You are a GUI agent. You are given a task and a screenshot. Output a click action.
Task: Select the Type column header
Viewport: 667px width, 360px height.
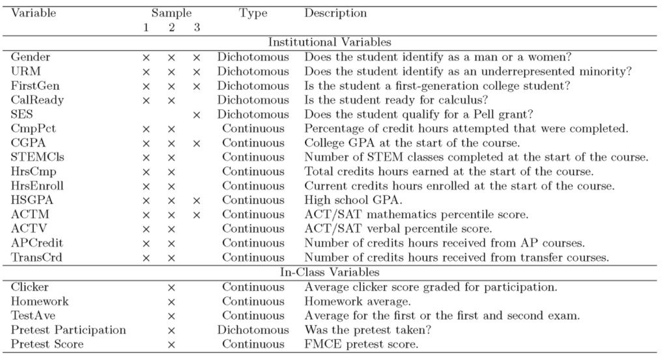(253, 13)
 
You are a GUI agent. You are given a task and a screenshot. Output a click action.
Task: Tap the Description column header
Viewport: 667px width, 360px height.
(335, 13)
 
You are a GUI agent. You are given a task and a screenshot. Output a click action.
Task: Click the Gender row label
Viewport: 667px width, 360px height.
(31, 57)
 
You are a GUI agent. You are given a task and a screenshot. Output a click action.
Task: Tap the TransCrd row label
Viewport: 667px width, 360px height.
(37, 257)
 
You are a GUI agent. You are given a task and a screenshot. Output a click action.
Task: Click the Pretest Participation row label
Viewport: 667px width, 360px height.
(68, 329)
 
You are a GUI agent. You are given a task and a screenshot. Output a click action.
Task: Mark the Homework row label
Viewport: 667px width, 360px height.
(40, 301)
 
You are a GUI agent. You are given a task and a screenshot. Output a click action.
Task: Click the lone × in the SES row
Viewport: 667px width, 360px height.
(196, 115)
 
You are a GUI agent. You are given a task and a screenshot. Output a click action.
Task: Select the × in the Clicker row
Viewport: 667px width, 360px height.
(171, 287)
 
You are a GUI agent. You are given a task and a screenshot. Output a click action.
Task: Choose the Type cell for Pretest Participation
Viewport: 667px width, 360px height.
(253, 329)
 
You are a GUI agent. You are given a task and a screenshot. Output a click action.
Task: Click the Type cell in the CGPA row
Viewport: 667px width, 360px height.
(253, 143)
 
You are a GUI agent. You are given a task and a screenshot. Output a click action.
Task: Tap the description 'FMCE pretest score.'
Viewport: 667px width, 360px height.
(354, 344)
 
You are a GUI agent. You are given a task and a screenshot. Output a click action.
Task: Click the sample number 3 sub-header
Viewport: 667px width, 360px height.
(196, 27)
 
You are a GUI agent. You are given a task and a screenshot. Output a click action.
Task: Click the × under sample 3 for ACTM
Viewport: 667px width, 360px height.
(196, 215)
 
